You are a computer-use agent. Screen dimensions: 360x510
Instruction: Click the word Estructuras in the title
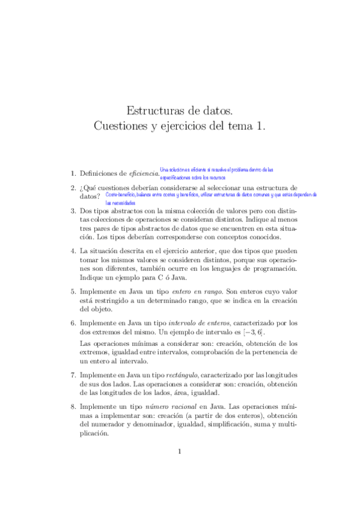153,111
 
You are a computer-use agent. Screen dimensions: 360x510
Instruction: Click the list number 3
73,211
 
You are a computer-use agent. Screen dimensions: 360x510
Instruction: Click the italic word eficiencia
144,173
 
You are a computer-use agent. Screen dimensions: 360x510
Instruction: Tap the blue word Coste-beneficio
120,195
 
